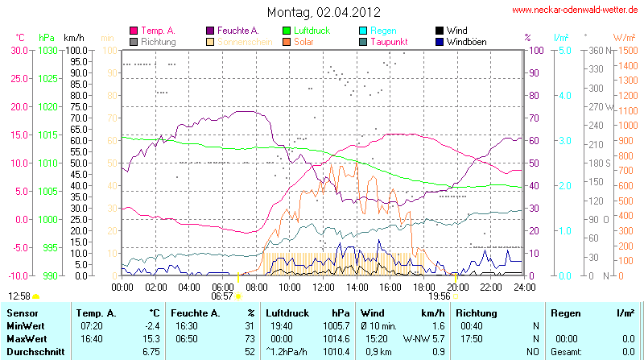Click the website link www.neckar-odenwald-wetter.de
(576, 10)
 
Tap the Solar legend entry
(303, 41)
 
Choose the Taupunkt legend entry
(390, 41)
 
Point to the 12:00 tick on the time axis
(323, 286)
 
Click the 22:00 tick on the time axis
(490, 286)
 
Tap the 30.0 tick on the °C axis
(19, 50)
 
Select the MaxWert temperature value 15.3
(153, 339)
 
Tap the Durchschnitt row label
(32, 352)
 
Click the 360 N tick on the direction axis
(597, 50)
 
